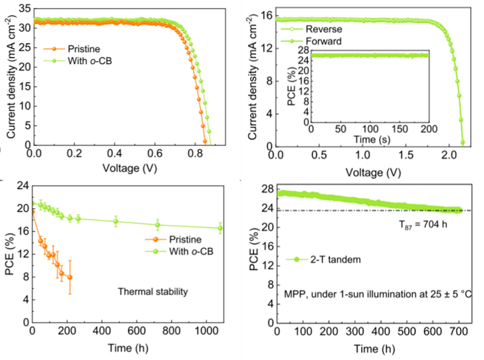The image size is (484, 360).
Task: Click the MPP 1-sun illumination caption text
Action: [x=378, y=293]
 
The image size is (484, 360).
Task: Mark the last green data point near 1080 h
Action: [x=220, y=228]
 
